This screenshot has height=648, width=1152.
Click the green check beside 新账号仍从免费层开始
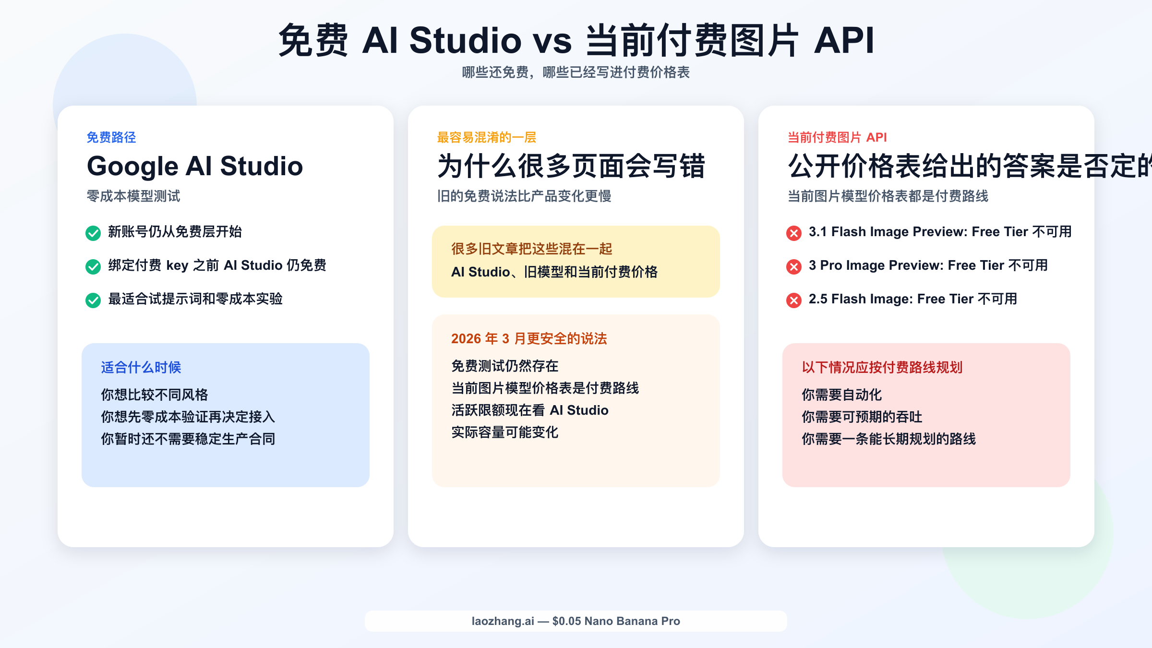[93, 233]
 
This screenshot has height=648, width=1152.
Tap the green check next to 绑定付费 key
[93, 266]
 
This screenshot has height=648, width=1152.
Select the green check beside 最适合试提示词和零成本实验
[93, 300]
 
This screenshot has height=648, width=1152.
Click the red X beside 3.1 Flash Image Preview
[794, 233]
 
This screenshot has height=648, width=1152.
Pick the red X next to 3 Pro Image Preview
[794, 266]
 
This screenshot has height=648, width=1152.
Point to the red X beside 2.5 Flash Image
[794, 300]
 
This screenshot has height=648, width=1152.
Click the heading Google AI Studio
[195, 166]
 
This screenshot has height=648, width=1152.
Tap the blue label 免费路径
[111, 137]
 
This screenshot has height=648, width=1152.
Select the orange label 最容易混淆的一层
[486, 137]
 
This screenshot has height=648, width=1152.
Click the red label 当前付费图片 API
[837, 137]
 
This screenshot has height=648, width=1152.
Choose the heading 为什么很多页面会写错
[571, 166]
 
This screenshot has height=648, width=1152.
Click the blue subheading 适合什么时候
[141, 367]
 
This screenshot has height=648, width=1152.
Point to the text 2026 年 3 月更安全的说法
[529, 338]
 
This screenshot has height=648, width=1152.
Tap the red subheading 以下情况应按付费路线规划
[882, 367]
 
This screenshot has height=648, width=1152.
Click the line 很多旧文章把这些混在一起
[532, 249]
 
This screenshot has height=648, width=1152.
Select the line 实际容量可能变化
[505, 432]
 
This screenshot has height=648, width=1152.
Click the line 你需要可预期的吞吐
[862, 417]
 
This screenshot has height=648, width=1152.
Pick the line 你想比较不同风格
[155, 395]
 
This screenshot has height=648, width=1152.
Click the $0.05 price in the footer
[566, 621]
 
